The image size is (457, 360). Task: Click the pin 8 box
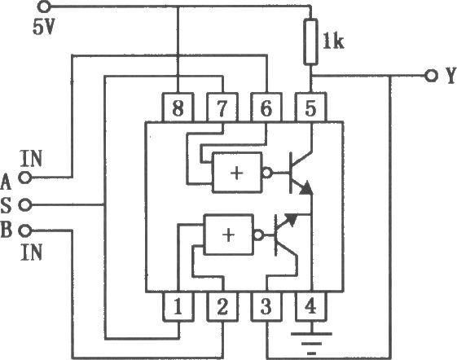pyautogui.click(x=178, y=108)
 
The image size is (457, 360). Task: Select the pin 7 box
pyautogui.click(x=222, y=108)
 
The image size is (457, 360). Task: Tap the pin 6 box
pyautogui.click(x=266, y=108)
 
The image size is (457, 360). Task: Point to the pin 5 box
pyautogui.click(x=310, y=108)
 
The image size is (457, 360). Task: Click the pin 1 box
pyautogui.click(x=178, y=306)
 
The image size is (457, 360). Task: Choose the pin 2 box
pyautogui.click(x=222, y=306)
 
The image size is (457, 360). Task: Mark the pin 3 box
pyautogui.click(x=266, y=306)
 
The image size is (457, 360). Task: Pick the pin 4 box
pyautogui.click(x=310, y=306)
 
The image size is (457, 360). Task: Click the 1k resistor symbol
pyautogui.click(x=310, y=42)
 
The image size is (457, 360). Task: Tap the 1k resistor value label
pyautogui.click(x=333, y=42)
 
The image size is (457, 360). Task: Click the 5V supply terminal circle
pyautogui.click(x=44, y=7)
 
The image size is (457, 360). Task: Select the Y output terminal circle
pyautogui.click(x=431, y=76)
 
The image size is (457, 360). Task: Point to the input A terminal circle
pyautogui.click(x=25, y=178)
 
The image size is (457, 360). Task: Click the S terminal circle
pyautogui.click(x=25, y=204)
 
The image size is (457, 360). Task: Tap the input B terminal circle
pyautogui.click(x=25, y=230)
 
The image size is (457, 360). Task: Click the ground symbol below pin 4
pyautogui.click(x=311, y=343)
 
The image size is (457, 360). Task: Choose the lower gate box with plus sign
pyautogui.click(x=228, y=235)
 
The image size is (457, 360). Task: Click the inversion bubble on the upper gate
pyautogui.click(x=267, y=173)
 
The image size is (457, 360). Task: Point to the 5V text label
pyautogui.click(x=44, y=28)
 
